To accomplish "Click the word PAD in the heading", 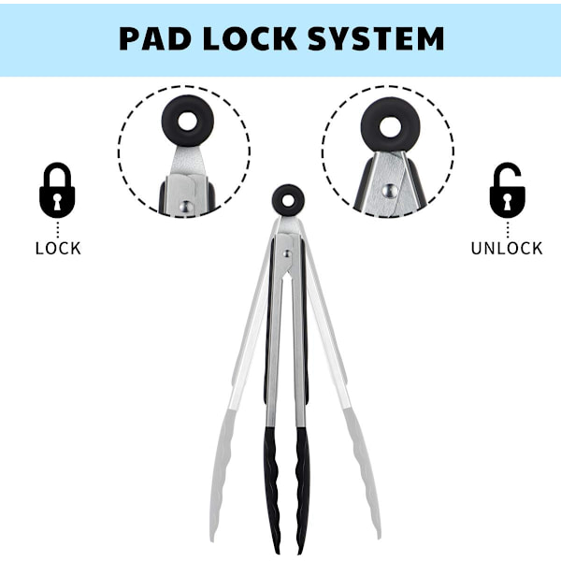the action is [x=154, y=38].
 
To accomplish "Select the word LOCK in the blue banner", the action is [x=250, y=38].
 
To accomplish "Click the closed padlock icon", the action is [x=57, y=190].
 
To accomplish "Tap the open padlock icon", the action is [x=508, y=190].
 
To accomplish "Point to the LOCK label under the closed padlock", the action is [x=58, y=249].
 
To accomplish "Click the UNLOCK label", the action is [x=507, y=249].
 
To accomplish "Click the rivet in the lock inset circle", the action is [x=186, y=207].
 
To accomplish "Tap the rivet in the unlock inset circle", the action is [x=390, y=191].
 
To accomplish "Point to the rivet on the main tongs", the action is [x=287, y=254].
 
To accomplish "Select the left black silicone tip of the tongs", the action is [x=272, y=490].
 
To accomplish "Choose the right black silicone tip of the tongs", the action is [x=303, y=490].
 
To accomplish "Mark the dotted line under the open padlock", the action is [x=508, y=230].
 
